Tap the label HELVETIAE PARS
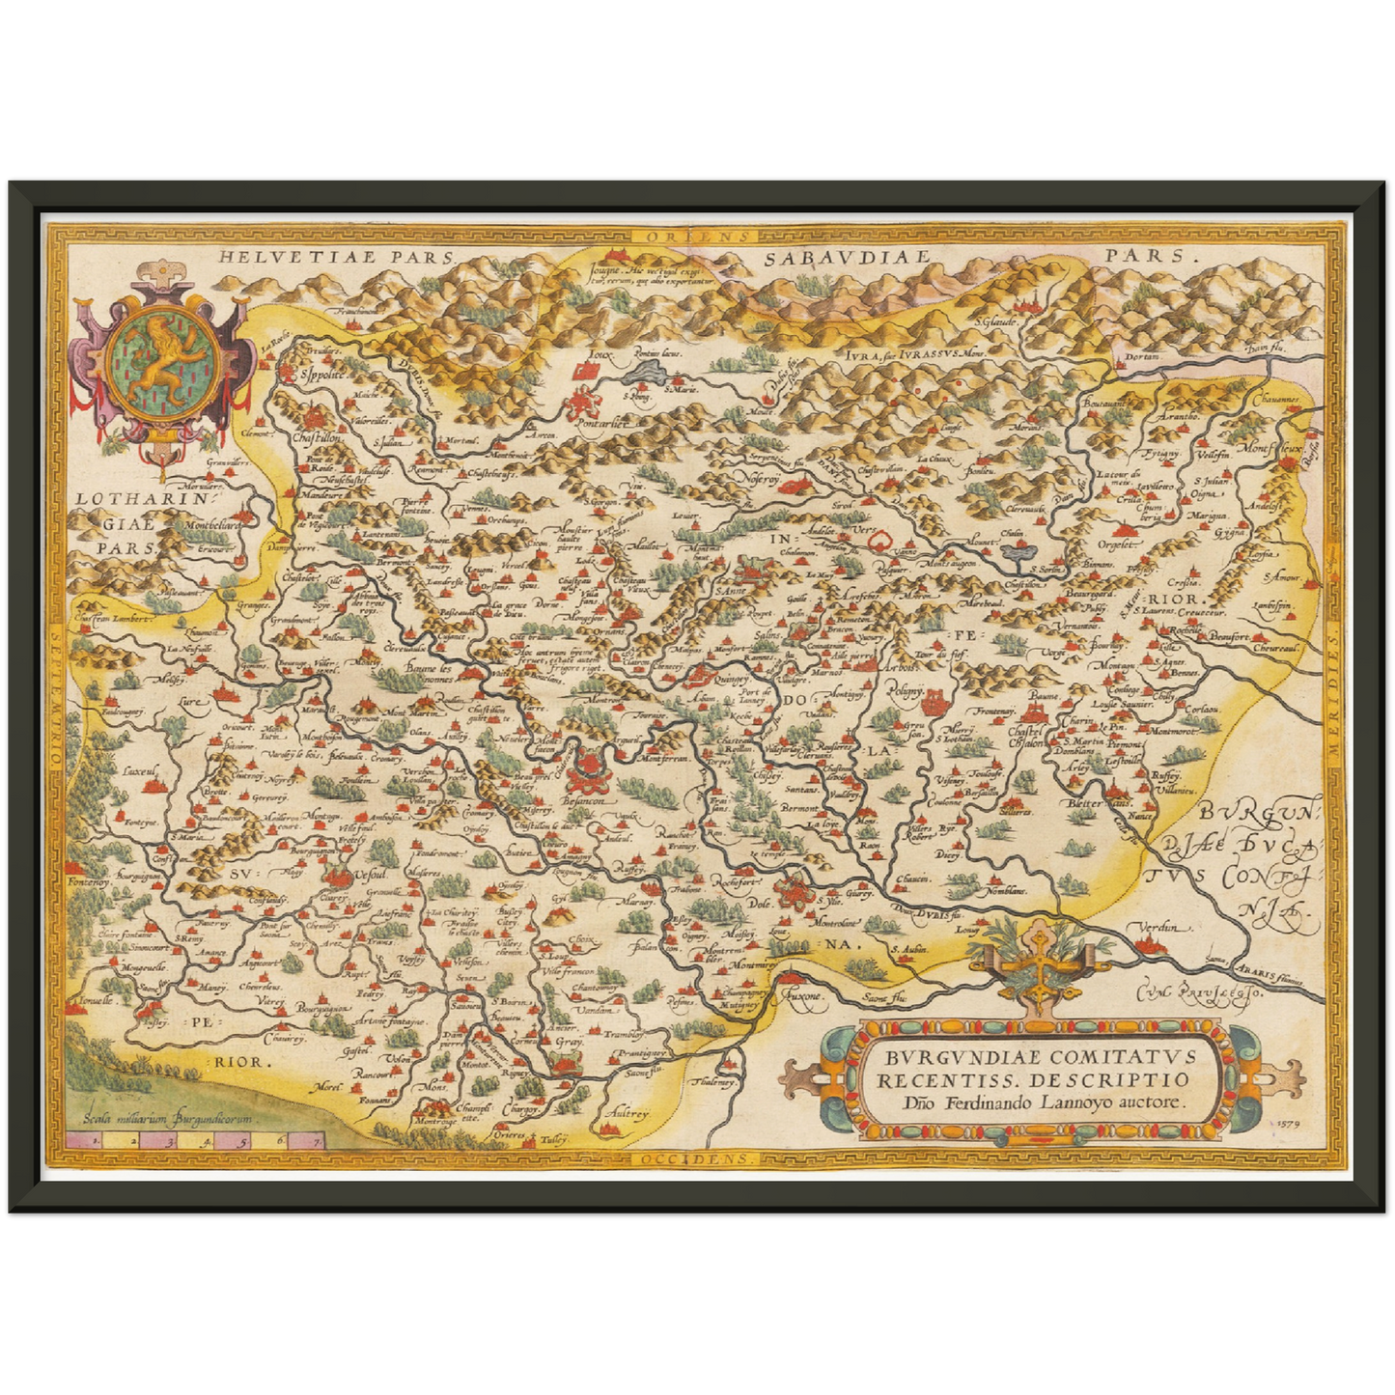(x=335, y=257)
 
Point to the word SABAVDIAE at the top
(x=845, y=257)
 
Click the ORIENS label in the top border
(x=686, y=235)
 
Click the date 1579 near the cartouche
(x=1288, y=1124)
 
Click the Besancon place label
(x=585, y=801)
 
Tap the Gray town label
(x=569, y=1044)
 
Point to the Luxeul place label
(x=138, y=771)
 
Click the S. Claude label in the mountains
(x=995, y=321)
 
